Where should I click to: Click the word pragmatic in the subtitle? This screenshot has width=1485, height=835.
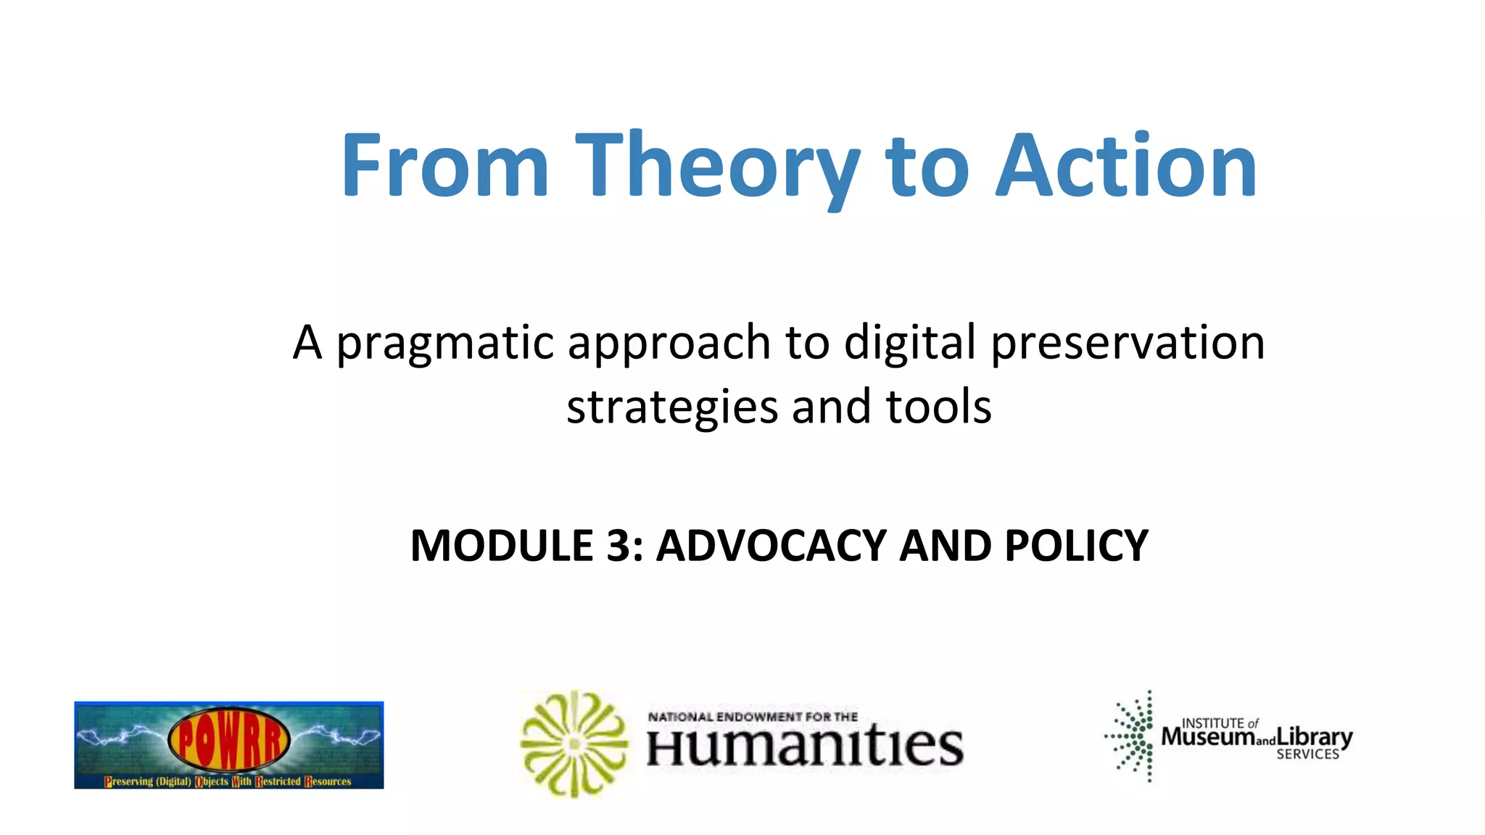[x=445, y=344]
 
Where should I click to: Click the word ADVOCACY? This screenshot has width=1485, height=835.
[x=771, y=546]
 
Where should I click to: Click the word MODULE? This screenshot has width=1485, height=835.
[x=502, y=546]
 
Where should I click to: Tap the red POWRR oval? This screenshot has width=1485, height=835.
[x=228, y=740]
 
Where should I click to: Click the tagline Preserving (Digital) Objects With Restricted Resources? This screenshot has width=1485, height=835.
[x=228, y=781]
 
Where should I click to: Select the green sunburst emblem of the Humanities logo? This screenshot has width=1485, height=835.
[x=574, y=744]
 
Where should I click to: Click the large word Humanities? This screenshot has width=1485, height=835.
[x=805, y=747]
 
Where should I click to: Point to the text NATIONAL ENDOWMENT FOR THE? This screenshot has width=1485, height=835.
[x=753, y=717]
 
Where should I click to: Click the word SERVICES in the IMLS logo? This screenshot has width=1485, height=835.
[x=1307, y=755]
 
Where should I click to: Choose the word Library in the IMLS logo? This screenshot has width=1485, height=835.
[x=1315, y=737]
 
